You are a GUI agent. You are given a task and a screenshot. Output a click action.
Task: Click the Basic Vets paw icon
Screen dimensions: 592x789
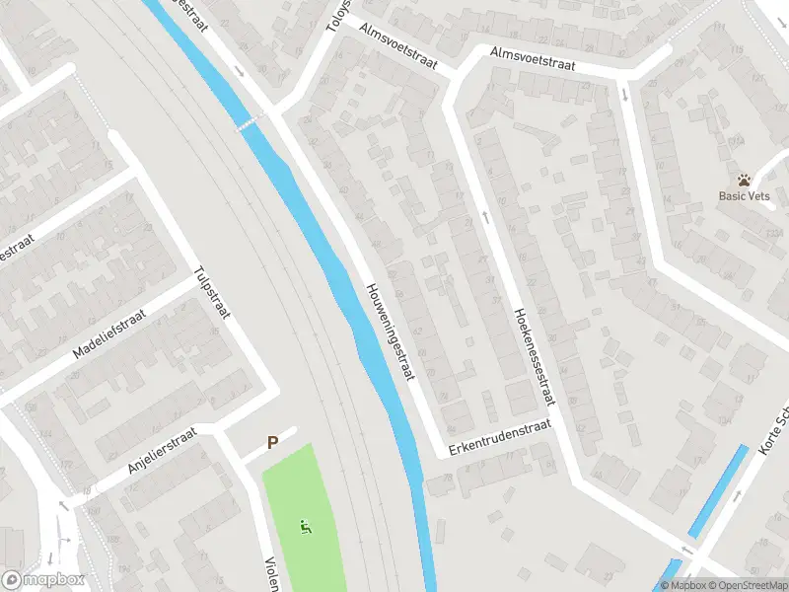[744, 181]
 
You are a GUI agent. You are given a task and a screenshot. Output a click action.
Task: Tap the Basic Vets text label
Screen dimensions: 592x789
[744, 196]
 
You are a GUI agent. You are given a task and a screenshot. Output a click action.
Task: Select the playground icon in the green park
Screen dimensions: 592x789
[307, 528]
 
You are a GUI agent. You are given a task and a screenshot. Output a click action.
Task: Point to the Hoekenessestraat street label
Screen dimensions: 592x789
[534, 356]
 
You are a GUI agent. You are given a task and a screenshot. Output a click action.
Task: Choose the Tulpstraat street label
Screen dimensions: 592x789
[211, 294]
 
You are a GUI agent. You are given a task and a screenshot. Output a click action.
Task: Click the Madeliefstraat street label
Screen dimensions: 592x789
[109, 333]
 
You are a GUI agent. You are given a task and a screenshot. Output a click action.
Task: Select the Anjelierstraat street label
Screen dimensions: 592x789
[163, 454]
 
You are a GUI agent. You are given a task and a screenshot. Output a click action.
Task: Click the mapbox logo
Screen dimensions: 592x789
[43, 580]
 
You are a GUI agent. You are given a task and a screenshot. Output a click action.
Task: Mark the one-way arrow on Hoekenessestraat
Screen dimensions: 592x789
[485, 215]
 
